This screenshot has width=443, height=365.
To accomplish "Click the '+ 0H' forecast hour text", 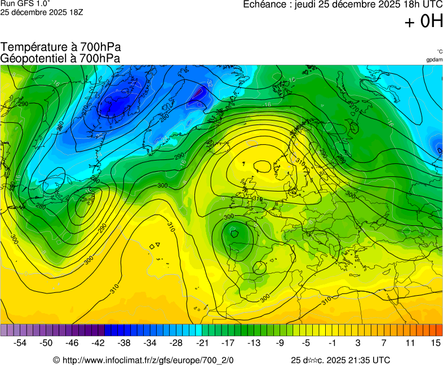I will (423, 22).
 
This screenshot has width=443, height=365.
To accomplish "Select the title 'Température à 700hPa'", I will (60, 47).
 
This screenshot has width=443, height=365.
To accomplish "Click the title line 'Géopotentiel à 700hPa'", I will (60, 58).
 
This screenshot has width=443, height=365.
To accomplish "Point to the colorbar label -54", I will (20, 342).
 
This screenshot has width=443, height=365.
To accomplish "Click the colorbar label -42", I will (98, 342).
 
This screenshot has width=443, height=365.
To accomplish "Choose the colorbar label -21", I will (202, 342).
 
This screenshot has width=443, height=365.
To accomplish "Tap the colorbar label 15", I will (435, 342).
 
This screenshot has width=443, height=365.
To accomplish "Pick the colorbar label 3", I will (358, 342).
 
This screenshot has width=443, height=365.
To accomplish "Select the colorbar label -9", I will (280, 342).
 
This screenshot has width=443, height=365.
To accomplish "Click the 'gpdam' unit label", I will (434, 59).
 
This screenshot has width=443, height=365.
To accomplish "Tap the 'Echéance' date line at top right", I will (342, 5).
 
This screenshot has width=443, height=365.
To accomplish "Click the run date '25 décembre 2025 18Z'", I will (42, 12).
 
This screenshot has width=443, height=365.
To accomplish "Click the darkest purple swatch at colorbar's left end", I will (3, 330).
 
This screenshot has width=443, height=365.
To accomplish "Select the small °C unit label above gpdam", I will (439, 51).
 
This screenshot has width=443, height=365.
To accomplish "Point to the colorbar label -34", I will (150, 342).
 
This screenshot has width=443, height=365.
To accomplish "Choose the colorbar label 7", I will (384, 342).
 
